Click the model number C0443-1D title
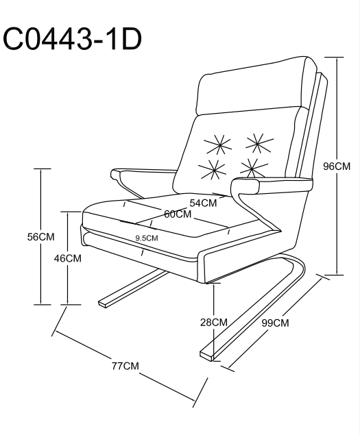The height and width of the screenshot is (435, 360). (72, 39)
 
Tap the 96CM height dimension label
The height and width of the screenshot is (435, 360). (337, 166)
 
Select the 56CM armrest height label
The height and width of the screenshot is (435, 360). (41, 237)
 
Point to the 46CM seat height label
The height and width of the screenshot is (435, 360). (67, 258)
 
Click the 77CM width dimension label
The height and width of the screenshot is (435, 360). (125, 366)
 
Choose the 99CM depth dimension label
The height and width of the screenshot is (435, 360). (275, 323)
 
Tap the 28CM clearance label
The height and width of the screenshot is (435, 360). (214, 322)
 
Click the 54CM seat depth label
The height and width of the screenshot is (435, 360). (203, 203)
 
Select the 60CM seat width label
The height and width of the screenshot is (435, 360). (178, 214)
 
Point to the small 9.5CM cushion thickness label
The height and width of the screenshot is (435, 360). (147, 238)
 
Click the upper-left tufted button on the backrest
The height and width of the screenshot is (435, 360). (217, 145)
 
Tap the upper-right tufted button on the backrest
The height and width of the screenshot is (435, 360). (259, 143)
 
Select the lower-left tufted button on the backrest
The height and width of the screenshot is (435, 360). (212, 169)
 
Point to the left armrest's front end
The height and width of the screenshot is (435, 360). (116, 175)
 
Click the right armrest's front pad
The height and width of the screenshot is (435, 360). (245, 186)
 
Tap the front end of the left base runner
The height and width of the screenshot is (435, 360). (102, 303)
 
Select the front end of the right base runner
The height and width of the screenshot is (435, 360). (206, 356)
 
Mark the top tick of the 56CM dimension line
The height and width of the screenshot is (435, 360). (43, 169)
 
